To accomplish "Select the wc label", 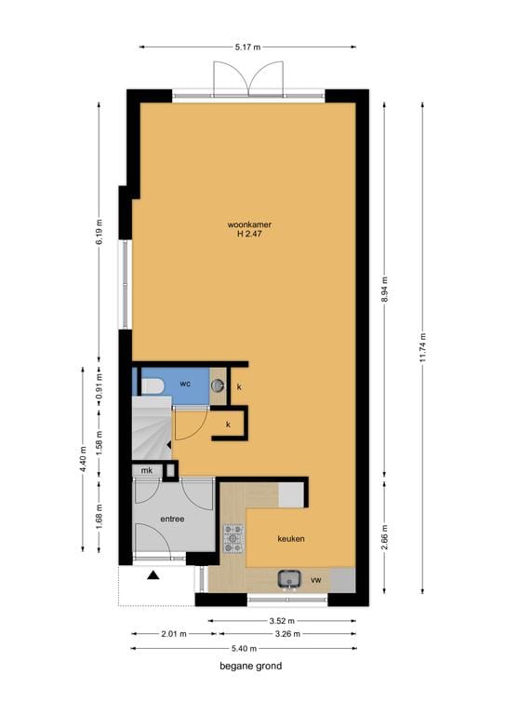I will (x=185, y=384).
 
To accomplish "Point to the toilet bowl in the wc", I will (x=153, y=384).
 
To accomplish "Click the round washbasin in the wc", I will (x=218, y=384).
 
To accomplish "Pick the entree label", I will (x=172, y=519).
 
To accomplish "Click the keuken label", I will (x=291, y=539).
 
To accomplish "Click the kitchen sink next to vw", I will (x=290, y=579).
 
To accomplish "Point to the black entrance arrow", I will (x=153, y=574).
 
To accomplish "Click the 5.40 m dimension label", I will (x=244, y=648).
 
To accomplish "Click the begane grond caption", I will (x=250, y=667).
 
